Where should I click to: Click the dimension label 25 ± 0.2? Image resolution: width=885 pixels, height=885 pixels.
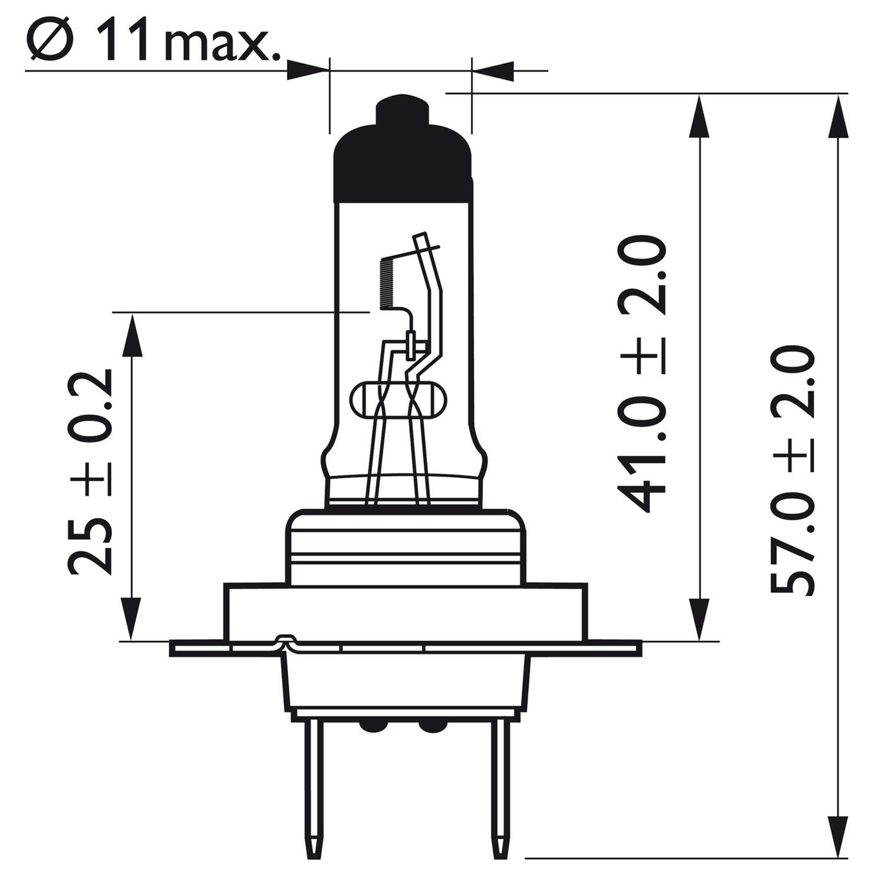pos(90,473)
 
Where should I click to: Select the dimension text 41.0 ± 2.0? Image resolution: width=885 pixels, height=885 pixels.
pos(642,374)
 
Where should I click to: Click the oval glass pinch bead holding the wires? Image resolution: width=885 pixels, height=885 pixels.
pos(398,400)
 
